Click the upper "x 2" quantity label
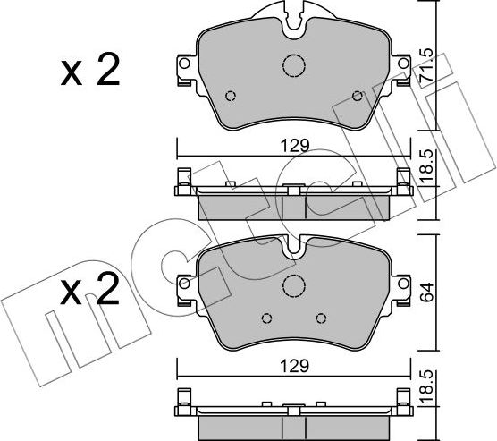coord(89,72)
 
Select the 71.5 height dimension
coord(427,65)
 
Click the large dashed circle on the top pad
coord(294,66)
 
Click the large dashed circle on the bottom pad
coord(293,285)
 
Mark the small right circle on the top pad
coord(358,97)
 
